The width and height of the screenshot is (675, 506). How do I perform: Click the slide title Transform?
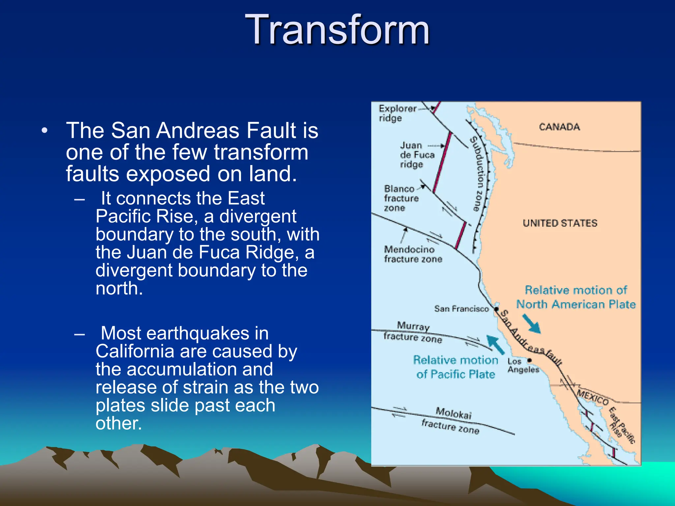pos(337,30)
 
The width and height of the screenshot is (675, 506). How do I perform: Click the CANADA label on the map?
pos(559,127)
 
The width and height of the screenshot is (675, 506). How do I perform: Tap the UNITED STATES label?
pos(560,223)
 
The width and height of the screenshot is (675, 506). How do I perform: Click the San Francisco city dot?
pos(496,309)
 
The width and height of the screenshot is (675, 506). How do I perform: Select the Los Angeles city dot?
pos(530,360)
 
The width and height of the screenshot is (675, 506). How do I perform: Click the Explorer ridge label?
pos(397,113)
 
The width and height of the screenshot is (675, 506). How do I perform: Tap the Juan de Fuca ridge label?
pos(417,155)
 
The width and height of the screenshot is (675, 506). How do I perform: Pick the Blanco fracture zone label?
pos(401,198)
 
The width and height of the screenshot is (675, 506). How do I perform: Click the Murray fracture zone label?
pos(413,332)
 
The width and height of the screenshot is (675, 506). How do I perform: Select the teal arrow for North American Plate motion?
pos(531,324)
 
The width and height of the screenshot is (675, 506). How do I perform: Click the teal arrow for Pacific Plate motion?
pos(495,344)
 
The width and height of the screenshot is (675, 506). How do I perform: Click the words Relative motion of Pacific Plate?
pos(455,367)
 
